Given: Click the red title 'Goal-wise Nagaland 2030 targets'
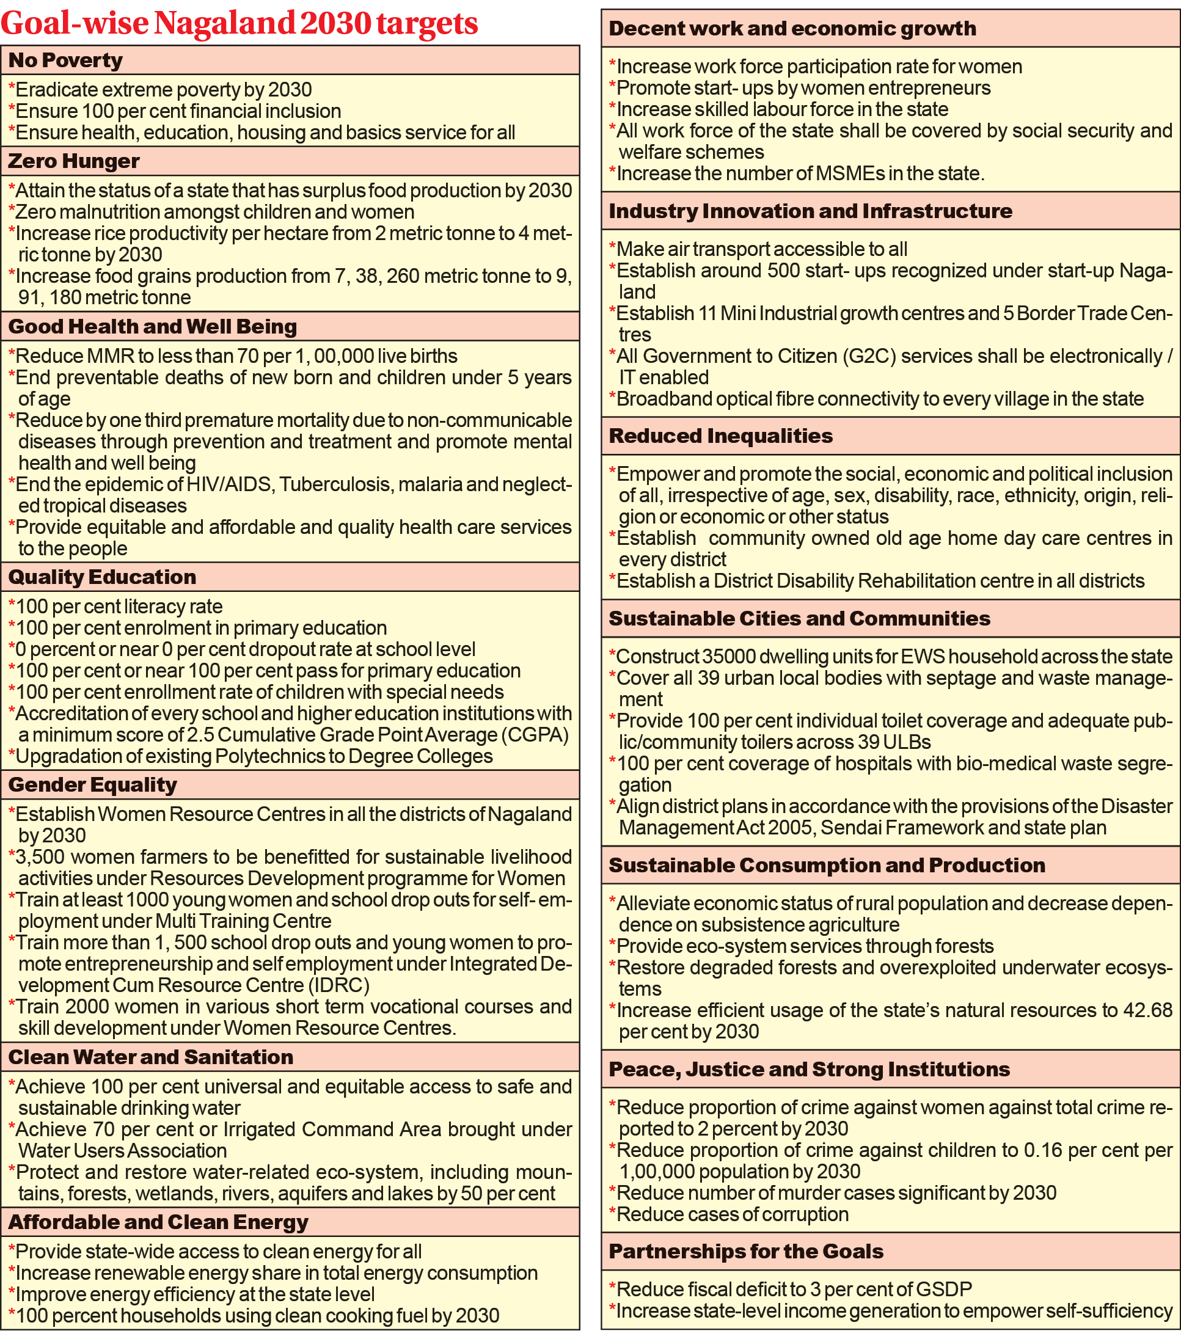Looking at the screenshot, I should pyautogui.click(x=239, y=24).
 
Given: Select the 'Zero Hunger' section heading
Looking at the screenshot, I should pyautogui.click(x=73, y=161).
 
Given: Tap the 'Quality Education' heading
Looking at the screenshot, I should pyautogui.click(x=101, y=577).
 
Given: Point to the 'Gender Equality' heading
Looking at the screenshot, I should pyautogui.click(x=92, y=784).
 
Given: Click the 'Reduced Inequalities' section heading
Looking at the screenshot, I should pyautogui.click(x=720, y=436).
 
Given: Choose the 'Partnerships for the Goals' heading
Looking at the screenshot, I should pyautogui.click(x=746, y=1251).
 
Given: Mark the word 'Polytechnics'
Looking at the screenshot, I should pyautogui.click(x=269, y=756).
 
